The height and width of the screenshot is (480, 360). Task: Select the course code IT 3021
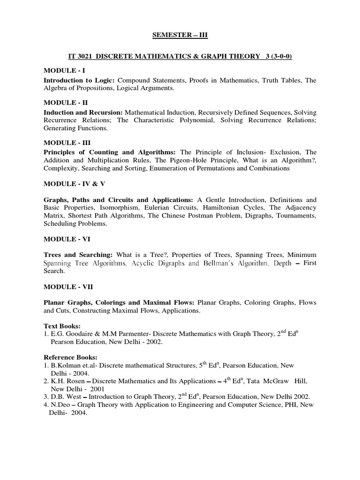tap(88, 56)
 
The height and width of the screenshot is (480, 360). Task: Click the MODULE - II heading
tap(66, 102)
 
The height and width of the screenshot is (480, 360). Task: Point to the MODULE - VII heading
tap(68, 285)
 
